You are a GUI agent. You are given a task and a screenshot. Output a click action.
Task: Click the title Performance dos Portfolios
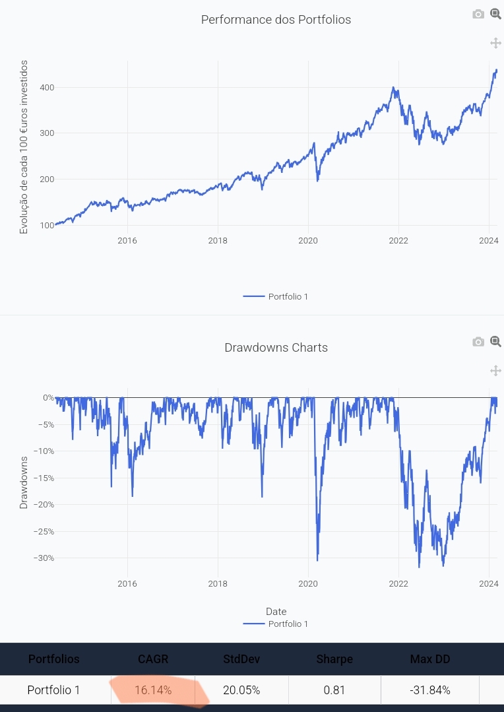pyautogui.click(x=276, y=20)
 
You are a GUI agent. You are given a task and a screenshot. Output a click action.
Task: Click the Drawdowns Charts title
pyautogui.click(x=276, y=348)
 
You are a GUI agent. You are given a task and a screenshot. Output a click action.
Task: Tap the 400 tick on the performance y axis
pyautogui.click(x=46, y=88)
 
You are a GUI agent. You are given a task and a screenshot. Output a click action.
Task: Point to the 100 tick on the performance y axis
pyautogui.click(x=46, y=226)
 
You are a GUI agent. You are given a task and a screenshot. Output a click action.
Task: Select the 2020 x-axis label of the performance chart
pyautogui.click(x=308, y=240)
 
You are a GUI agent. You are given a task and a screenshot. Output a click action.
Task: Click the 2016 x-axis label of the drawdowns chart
pyautogui.click(x=127, y=583)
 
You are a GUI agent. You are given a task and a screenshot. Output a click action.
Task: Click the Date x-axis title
pyautogui.click(x=276, y=612)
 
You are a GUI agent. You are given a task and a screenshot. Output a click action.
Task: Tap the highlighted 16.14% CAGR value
pyautogui.click(x=153, y=690)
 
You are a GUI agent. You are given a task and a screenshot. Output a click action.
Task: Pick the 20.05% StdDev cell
pyautogui.click(x=241, y=690)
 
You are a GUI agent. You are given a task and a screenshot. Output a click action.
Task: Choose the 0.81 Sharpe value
pyautogui.click(x=334, y=690)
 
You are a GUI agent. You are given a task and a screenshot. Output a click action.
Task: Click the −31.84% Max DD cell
pyautogui.click(x=429, y=690)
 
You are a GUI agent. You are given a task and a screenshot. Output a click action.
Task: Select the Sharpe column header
pyautogui.click(x=334, y=659)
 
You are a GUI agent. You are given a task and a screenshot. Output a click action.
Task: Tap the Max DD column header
pyautogui.click(x=429, y=659)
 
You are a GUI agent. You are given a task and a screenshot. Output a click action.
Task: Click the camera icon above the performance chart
pyautogui.click(x=478, y=14)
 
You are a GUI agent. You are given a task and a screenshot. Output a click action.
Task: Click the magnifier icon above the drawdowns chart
pyautogui.click(x=495, y=341)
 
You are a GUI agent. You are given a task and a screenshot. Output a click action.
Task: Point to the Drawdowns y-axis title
pyautogui.click(x=24, y=482)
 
